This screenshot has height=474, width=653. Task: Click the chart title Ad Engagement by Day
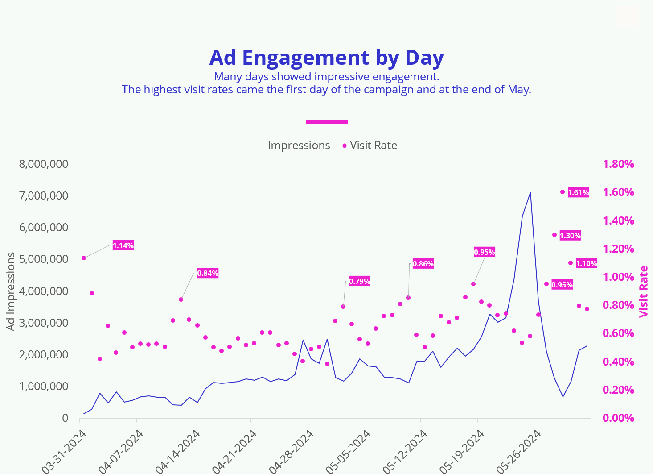tap(326, 58)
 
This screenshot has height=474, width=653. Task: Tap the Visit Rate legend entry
tap(370, 146)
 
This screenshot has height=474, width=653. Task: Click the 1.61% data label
tap(579, 193)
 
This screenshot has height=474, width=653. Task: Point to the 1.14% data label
tap(123, 245)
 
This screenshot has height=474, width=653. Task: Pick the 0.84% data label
tap(208, 273)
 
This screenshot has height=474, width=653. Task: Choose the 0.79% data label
tap(359, 281)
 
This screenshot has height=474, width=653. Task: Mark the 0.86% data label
tap(423, 264)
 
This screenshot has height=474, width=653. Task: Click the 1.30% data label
tap(570, 236)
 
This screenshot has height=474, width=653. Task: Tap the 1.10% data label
tap(586, 263)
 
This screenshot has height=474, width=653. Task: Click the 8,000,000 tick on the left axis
tap(44, 164)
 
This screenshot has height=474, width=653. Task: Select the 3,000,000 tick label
tap(44, 323)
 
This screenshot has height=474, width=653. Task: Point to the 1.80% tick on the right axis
tap(618, 164)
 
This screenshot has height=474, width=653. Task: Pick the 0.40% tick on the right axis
tap(618, 362)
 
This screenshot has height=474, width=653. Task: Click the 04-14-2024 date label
tap(177, 451)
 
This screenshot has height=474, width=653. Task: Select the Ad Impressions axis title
tap(11, 291)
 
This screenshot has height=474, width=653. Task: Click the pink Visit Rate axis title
tap(643, 291)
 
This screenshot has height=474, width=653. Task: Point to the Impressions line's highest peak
tap(530, 192)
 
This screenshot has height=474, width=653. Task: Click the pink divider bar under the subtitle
tap(326, 121)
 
